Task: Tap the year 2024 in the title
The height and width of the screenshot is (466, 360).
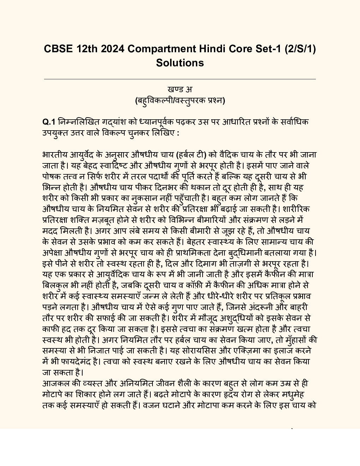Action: tap(112, 48)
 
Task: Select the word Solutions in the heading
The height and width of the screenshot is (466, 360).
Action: tap(180, 62)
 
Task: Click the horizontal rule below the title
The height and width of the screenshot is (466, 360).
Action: tap(180, 79)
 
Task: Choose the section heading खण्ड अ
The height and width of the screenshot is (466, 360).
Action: tap(180, 90)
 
